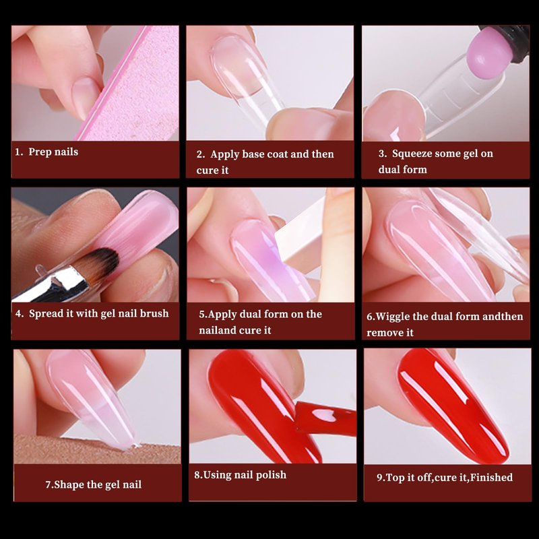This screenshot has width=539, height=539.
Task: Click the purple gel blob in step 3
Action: [x=488, y=53]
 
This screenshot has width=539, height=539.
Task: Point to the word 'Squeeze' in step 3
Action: [x=412, y=154]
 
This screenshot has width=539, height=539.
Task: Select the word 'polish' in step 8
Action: [x=271, y=476]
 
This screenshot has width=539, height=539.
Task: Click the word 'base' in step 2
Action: [x=253, y=154]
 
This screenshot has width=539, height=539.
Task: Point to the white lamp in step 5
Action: [x=300, y=230]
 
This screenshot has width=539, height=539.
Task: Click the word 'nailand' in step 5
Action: [x=216, y=330]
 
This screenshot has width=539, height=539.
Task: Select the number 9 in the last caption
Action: [x=379, y=478]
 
